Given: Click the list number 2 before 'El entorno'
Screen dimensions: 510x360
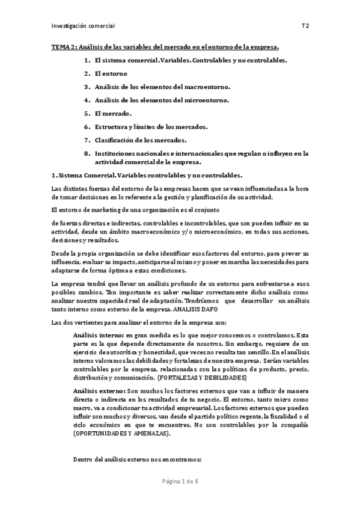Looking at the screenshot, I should pos(87,73).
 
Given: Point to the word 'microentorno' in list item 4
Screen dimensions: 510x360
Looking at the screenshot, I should pos(204,100).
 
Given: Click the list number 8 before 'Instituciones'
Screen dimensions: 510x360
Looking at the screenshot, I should pos(87,153).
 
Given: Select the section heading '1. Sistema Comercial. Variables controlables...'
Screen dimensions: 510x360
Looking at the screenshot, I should pos(148,175).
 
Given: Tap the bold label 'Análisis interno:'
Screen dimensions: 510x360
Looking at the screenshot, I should pos(98,334).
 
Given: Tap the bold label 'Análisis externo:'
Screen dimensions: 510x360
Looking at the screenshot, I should pos(99,390).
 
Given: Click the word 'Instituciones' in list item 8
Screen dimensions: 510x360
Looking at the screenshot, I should pos(118,153).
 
